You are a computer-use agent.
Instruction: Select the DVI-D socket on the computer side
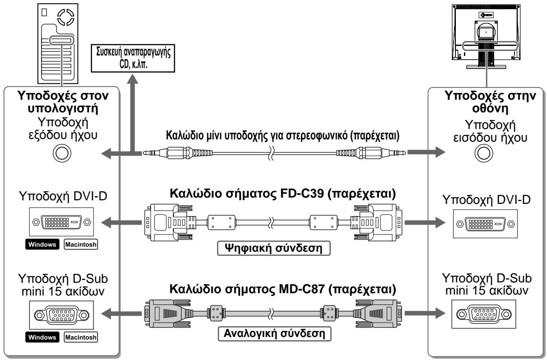pyautogui.click(x=61, y=222)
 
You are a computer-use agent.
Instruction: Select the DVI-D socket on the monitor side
pyautogui.click(x=485, y=224)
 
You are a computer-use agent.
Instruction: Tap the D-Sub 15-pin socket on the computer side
pyautogui.click(x=61, y=315)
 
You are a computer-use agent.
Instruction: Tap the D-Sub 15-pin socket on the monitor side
pyautogui.click(x=484, y=314)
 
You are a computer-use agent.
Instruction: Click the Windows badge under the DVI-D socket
pyautogui.click(x=42, y=245)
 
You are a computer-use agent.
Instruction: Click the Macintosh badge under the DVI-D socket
pyautogui.click(x=81, y=245)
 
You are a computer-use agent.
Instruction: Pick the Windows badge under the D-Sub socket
pyautogui.click(x=42, y=337)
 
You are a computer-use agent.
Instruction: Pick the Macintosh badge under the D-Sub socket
pyautogui.click(x=81, y=337)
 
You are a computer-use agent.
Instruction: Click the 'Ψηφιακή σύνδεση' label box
pyautogui.click(x=274, y=248)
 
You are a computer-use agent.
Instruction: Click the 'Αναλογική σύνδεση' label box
pyautogui.click(x=274, y=334)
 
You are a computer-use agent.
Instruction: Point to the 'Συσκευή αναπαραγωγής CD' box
pyautogui.click(x=133, y=58)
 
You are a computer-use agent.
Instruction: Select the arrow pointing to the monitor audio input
pyautogui.click(x=426, y=152)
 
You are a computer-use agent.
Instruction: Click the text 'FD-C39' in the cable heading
pyautogui.click(x=302, y=193)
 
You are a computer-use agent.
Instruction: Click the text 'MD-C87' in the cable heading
pyautogui.click(x=302, y=289)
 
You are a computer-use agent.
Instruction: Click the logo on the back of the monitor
pyautogui.click(x=486, y=15)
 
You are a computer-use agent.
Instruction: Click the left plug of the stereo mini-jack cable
pyautogui.click(x=177, y=153)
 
